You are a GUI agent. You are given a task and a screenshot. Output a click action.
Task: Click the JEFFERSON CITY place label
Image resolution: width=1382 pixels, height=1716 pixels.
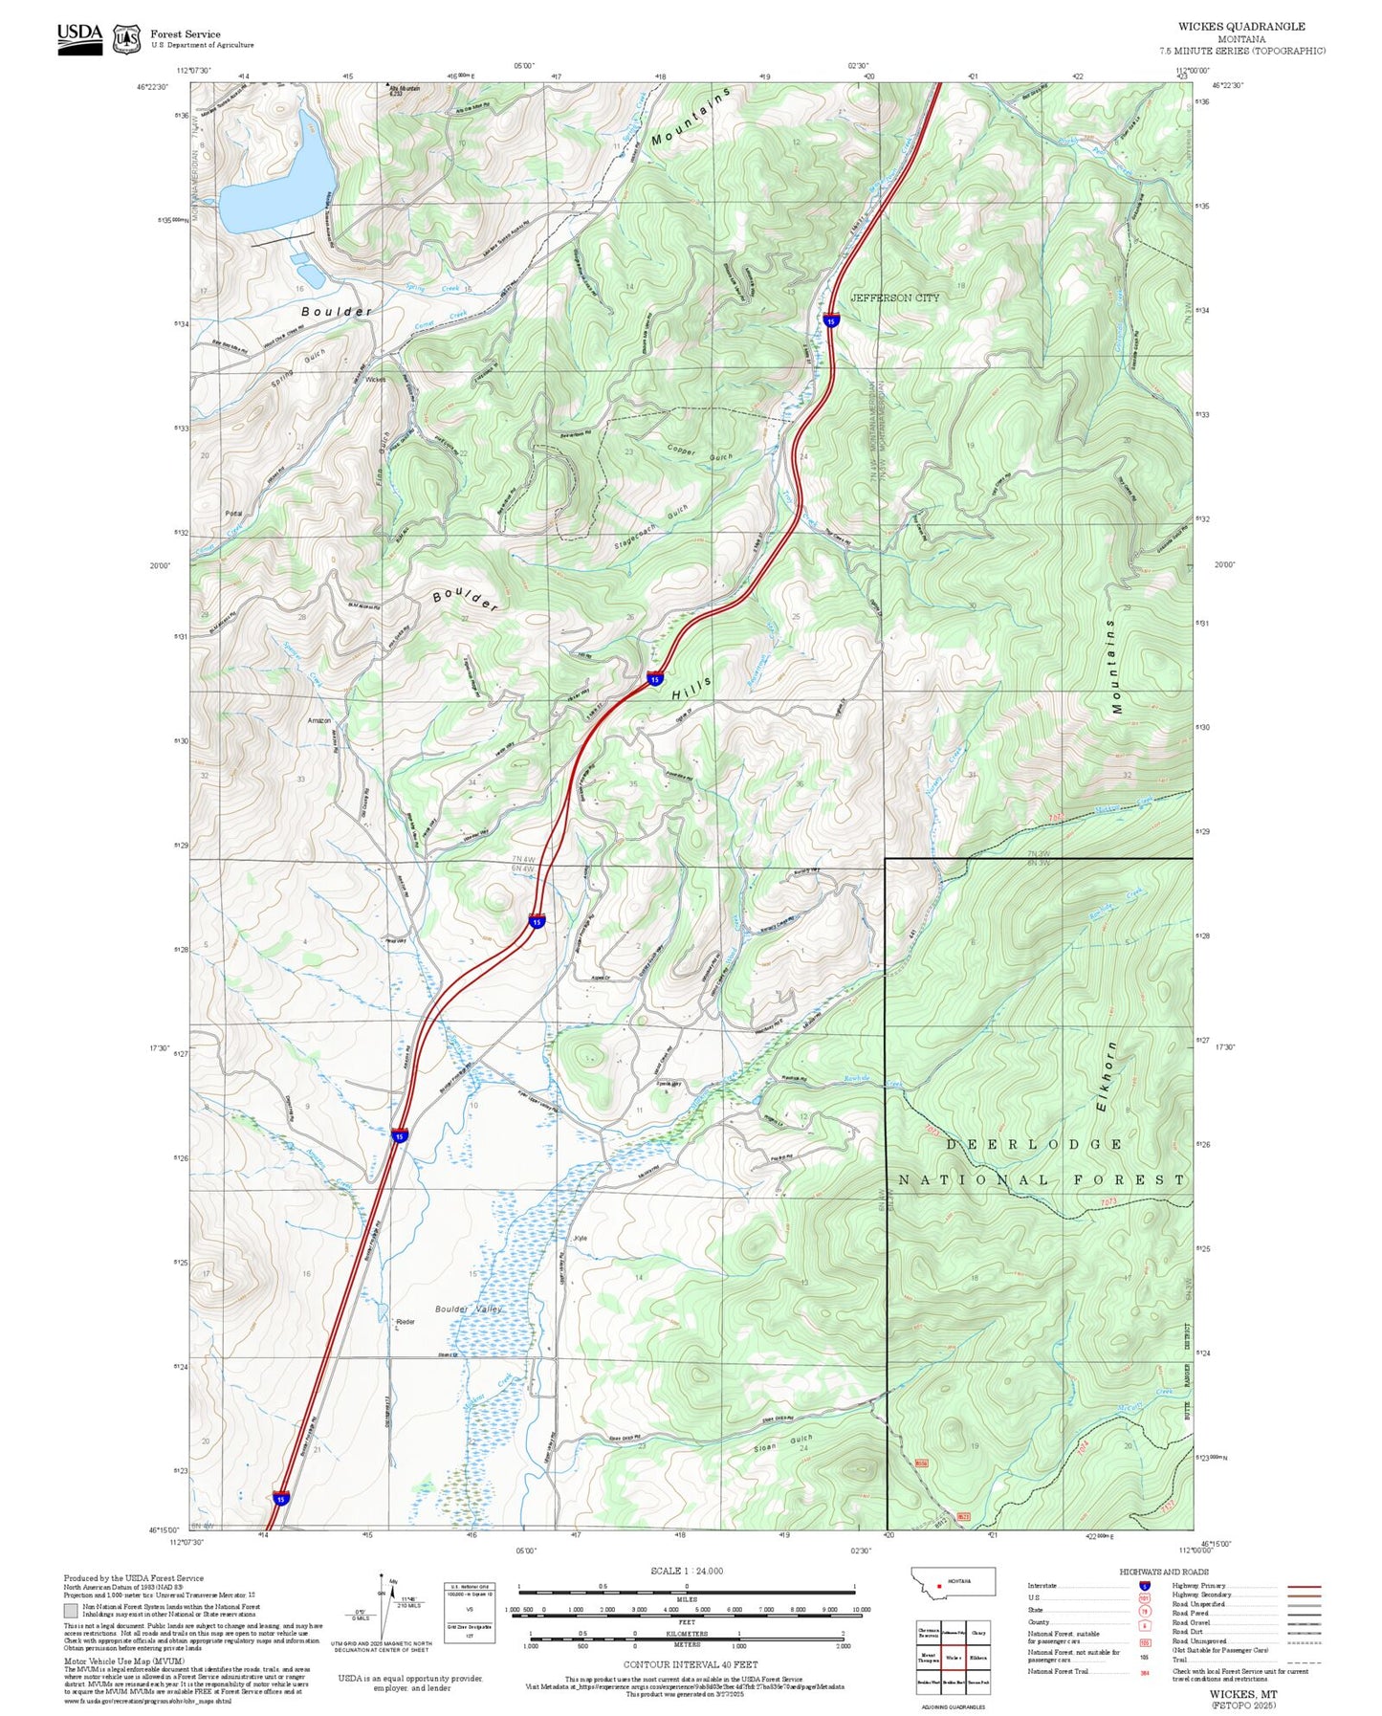(895, 297)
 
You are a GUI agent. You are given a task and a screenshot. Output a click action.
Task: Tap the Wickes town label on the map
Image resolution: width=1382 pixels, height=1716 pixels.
(376, 380)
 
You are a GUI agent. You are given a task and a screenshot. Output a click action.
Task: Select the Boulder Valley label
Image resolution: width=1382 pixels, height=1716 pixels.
(468, 1309)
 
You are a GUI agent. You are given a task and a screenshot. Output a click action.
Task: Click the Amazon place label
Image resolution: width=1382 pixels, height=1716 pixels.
(319, 720)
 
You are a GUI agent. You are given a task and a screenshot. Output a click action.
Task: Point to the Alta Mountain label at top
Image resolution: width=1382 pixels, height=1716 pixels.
(403, 90)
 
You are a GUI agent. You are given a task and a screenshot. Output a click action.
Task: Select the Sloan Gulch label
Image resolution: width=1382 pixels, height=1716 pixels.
(783, 1444)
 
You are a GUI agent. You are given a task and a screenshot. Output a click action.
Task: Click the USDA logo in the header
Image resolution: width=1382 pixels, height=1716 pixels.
(79, 37)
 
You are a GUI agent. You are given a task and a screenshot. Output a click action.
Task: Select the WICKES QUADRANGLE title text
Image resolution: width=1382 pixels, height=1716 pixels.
(1240, 27)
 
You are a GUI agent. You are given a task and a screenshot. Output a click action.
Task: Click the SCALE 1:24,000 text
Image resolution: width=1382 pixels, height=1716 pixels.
(686, 1571)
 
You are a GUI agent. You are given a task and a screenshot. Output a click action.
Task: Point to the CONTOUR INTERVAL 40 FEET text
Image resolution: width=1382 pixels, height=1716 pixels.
(690, 1663)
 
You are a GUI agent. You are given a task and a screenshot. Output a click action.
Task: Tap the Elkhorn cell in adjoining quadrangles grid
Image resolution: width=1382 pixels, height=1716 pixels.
(977, 1657)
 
